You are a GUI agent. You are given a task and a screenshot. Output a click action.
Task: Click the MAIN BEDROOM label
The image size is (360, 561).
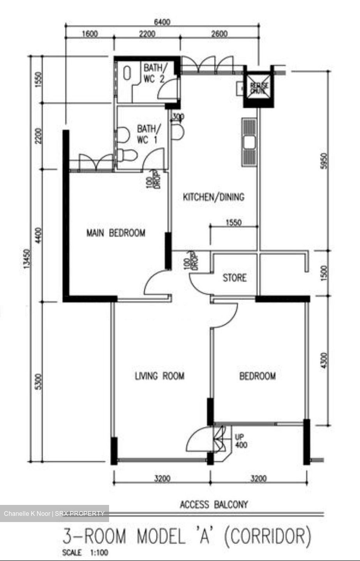click(116, 233)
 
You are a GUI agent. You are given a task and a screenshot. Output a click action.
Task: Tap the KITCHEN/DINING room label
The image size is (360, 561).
click(214, 197)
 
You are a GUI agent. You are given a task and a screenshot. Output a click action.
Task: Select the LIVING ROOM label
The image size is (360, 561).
click(159, 376)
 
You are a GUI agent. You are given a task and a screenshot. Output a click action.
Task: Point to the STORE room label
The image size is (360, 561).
click(235, 278)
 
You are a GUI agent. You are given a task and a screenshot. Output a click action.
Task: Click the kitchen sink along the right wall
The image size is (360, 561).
click(249, 142)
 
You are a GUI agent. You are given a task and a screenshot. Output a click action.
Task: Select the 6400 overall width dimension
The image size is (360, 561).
click(162, 22)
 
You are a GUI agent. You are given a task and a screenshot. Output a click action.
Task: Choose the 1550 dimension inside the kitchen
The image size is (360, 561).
click(233, 223)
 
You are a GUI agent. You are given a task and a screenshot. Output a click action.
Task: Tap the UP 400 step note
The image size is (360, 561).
click(241, 441)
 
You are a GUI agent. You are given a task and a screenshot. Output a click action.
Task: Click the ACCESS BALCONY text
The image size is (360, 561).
click(214, 505)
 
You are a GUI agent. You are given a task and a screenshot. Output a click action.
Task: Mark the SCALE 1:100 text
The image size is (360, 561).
click(85, 552)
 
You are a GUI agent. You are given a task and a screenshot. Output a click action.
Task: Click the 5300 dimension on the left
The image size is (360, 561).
click(38, 383)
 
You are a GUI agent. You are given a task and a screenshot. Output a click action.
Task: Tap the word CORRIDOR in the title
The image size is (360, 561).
click(268, 536)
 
